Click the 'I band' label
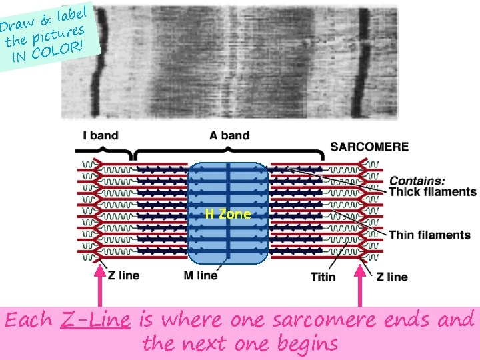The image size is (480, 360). click(100, 135)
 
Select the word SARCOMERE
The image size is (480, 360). click(369, 147)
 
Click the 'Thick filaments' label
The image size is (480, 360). click(433, 192)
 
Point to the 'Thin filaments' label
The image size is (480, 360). click(429, 235)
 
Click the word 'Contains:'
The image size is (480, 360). click(417, 180)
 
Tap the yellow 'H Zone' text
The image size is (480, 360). click(228, 214)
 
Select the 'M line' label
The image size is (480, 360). click(200, 275)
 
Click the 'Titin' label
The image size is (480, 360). click(323, 277)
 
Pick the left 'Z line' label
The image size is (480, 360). click(123, 276)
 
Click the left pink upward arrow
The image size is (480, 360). click(100, 287)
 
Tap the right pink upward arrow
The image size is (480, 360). click(361, 287)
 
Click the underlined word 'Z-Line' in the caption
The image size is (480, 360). click(94, 320)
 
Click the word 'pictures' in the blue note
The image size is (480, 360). click(59, 35)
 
